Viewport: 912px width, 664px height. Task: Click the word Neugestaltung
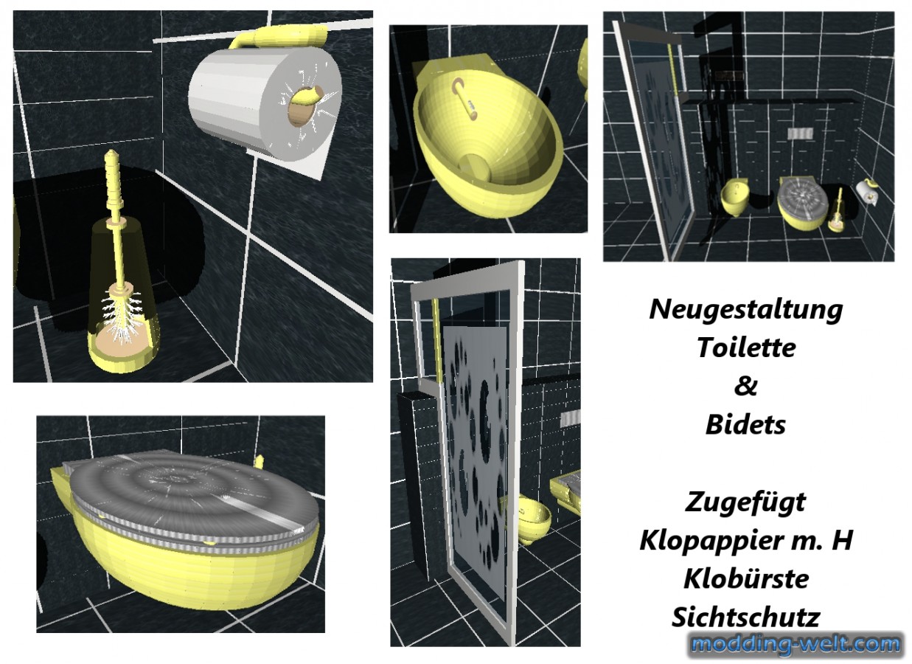click(x=745, y=310)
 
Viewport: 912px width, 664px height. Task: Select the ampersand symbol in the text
click(x=745, y=385)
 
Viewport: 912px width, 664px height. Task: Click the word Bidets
click(x=745, y=424)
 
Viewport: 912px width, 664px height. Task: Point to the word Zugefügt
click(x=745, y=502)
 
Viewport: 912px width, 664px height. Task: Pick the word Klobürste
click(x=746, y=578)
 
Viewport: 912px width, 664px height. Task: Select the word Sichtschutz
click(x=745, y=617)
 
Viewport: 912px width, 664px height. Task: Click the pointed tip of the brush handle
click(x=110, y=152)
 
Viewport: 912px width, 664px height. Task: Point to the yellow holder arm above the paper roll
click(x=279, y=37)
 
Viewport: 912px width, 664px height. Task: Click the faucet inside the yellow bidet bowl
click(x=465, y=99)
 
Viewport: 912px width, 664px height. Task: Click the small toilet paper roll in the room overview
click(x=865, y=192)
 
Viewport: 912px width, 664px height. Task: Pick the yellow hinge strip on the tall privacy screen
click(x=438, y=341)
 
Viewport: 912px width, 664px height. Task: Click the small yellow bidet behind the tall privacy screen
click(x=533, y=520)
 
